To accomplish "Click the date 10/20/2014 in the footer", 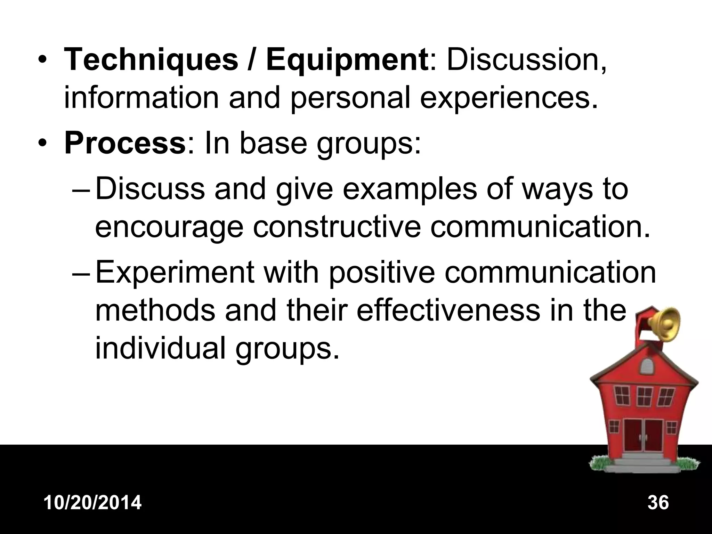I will pos(93,503).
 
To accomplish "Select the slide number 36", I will pos(658,503).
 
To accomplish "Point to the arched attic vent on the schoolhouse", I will pos(648,365).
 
